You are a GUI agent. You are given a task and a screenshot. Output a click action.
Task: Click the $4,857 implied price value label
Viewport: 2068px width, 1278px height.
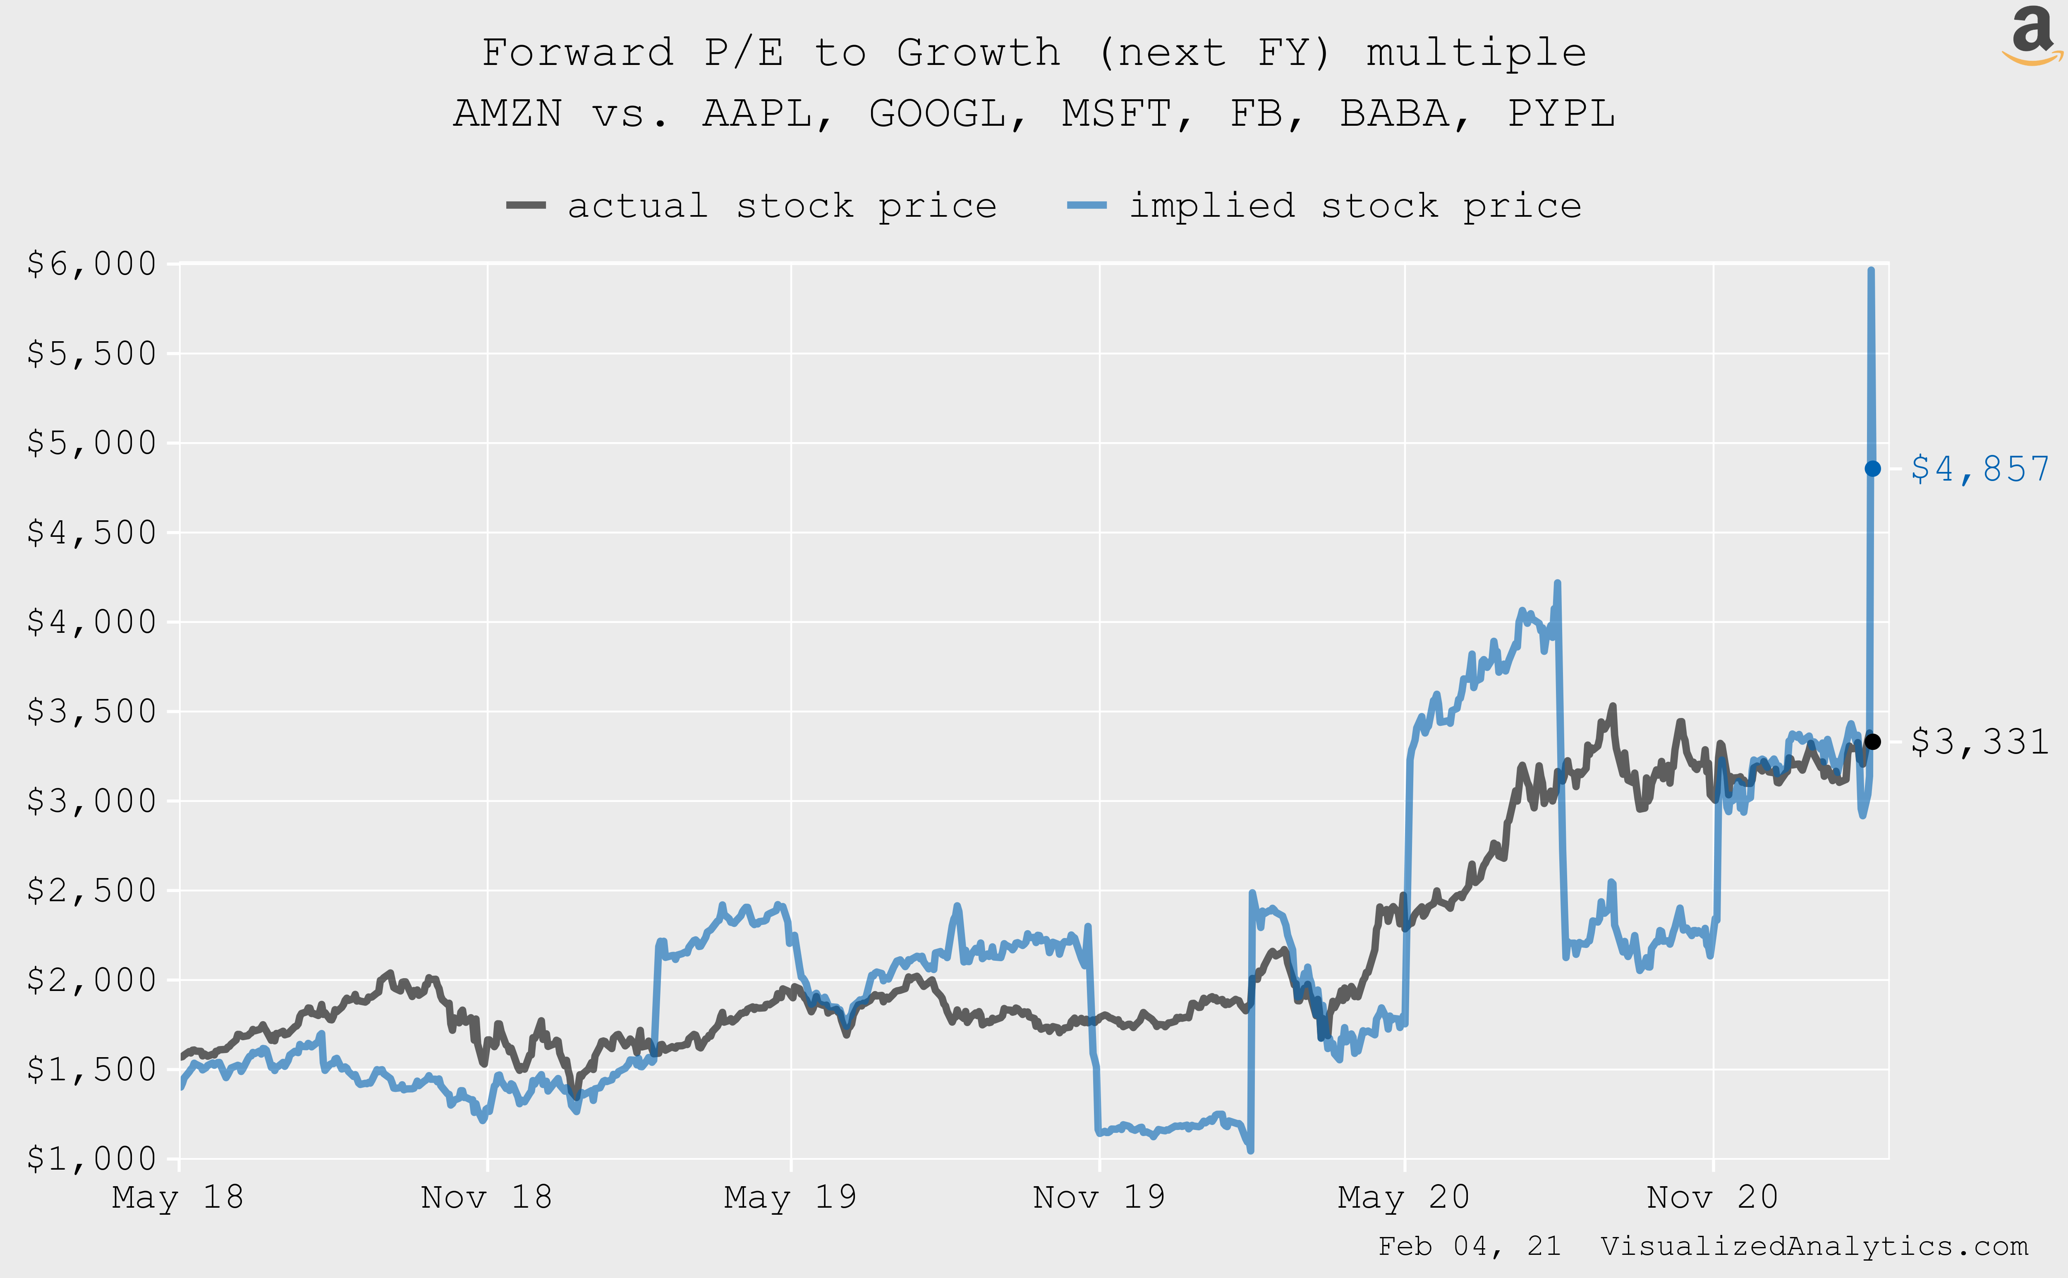coord(1980,469)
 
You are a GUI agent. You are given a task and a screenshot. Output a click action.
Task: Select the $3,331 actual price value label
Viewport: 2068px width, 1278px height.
coord(1980,742)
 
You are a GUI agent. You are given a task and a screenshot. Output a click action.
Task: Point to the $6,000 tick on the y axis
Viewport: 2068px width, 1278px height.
coord(91,264)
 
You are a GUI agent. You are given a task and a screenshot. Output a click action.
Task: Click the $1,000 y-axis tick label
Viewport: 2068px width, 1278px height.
coord(91,1159)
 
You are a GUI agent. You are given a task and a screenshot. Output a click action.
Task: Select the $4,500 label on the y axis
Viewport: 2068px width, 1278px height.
coord(91,533)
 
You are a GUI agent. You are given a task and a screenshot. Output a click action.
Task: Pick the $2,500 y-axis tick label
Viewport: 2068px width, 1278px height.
coord(91,890)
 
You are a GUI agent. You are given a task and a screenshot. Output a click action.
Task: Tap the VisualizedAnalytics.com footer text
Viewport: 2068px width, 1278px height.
coord(1814,1246)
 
